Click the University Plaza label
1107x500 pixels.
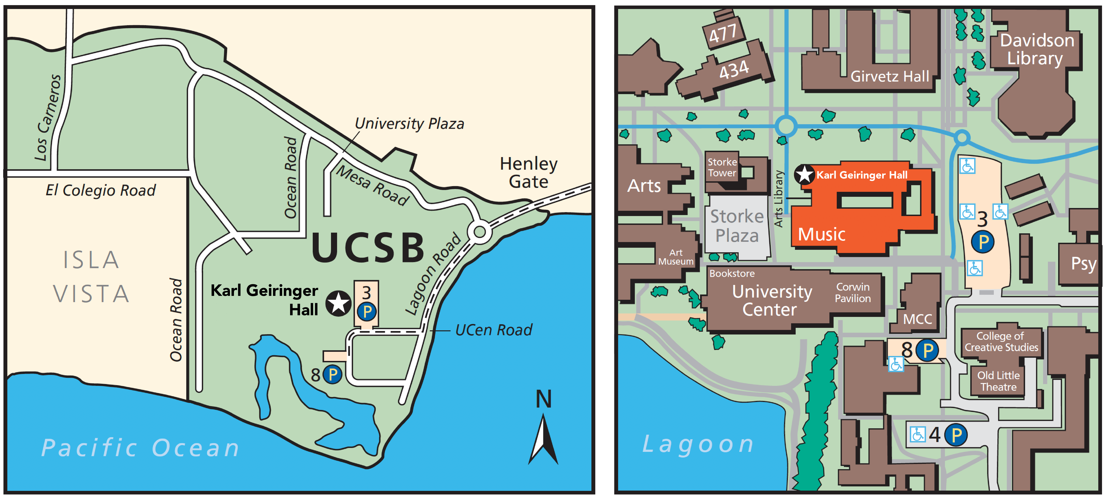point(409,124)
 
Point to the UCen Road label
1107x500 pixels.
point(493,330)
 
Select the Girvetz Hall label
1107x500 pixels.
point(890,77)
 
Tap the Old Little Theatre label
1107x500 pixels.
point(998,381)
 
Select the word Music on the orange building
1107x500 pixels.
point(822,234)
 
